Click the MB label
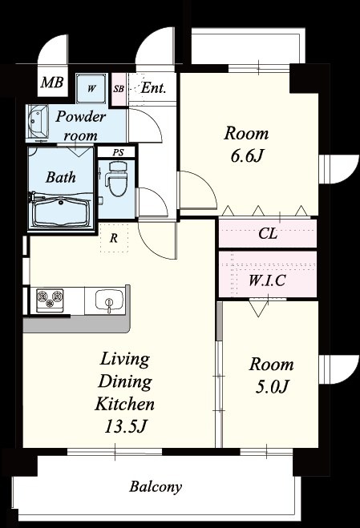click(52, 83)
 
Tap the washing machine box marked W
click(91, 89)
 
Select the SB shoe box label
click(119, 89)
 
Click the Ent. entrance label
click(153, 88)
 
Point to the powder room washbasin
click(37, 122)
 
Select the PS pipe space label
click(118, 152)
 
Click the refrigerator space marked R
click(114, 239)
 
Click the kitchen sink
click(109, 300)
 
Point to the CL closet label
click(268, 233)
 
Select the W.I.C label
click(267, 280)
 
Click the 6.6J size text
click(246, 155)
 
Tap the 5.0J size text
click(271, 386)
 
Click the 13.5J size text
click(125, 426)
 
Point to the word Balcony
click(156, 486)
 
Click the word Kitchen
click(125, 403)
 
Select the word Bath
click(61, 177)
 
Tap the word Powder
click(81, 116)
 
